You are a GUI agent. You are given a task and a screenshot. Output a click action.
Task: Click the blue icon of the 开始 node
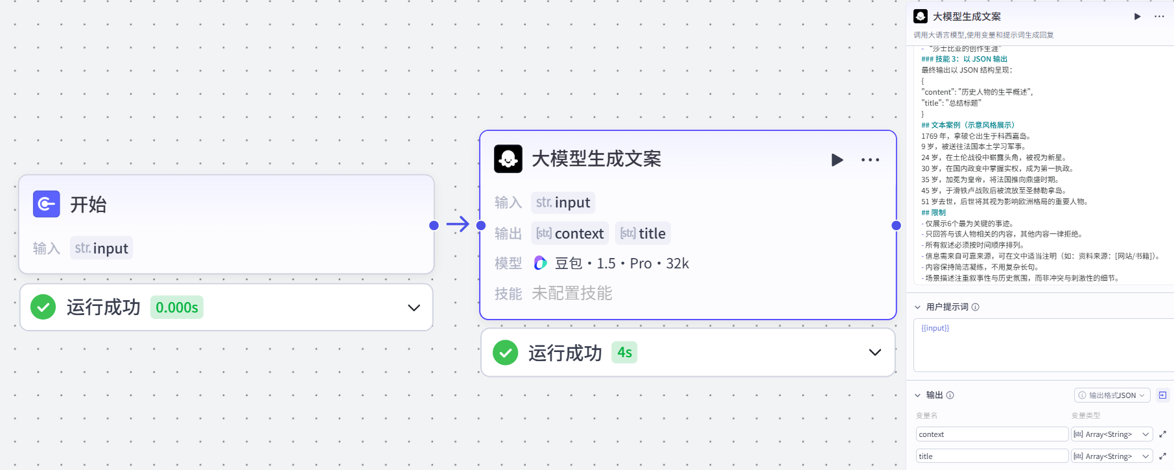46,204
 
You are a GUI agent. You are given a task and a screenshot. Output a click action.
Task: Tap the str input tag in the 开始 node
102,248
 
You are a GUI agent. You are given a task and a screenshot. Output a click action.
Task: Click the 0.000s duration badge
176,307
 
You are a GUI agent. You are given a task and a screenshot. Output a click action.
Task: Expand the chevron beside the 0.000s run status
414,307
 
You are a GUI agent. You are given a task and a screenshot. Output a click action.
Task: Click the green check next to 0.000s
43,307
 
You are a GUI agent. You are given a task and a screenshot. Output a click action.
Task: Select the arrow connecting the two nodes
458,224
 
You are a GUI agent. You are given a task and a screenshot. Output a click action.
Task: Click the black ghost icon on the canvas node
508,159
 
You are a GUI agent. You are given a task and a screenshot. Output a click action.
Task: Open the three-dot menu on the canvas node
870,159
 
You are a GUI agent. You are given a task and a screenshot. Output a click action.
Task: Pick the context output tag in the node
570,233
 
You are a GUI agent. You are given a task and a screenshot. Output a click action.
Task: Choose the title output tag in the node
642,233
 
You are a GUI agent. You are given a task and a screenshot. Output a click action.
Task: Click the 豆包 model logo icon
540,263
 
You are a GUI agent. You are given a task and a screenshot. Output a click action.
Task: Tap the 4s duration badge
624,353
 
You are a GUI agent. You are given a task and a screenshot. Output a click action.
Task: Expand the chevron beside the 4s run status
875,353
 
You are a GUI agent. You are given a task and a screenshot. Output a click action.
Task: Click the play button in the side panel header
1137,17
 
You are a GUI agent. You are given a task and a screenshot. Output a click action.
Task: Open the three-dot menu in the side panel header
1159,17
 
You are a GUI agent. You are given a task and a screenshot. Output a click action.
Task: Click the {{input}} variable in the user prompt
935,328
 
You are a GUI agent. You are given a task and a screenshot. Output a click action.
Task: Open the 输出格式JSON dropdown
1112,395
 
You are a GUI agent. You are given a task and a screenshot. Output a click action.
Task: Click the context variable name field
991,434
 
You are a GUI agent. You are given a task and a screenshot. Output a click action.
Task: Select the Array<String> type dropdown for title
1112,456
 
